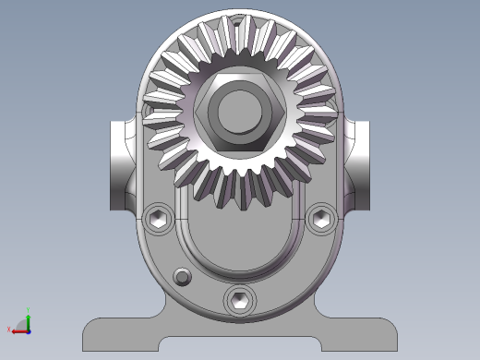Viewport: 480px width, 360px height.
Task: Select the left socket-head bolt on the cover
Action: coord(159,219)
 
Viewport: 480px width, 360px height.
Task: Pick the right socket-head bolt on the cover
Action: coord(321,218)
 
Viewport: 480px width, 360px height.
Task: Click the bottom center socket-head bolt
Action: coord(240,299)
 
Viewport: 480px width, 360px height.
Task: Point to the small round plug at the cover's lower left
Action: coord(183,277)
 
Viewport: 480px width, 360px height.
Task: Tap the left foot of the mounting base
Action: coord(120,333)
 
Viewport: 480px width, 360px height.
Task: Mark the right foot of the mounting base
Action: coord(360,333)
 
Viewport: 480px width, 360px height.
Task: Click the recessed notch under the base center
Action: coord(240,346)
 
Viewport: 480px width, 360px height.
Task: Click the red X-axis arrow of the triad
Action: coord(17,330)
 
